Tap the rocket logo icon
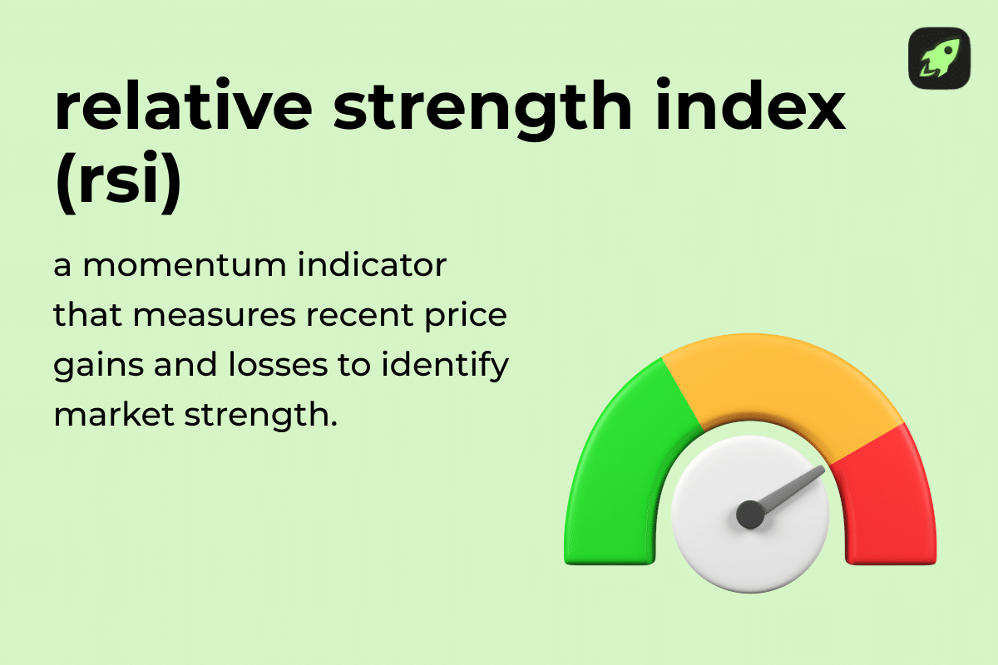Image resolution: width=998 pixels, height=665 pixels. click(939, 58)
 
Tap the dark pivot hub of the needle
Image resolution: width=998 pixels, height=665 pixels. click(750, 514)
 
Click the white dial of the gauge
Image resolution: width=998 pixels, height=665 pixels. click(724, 549)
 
